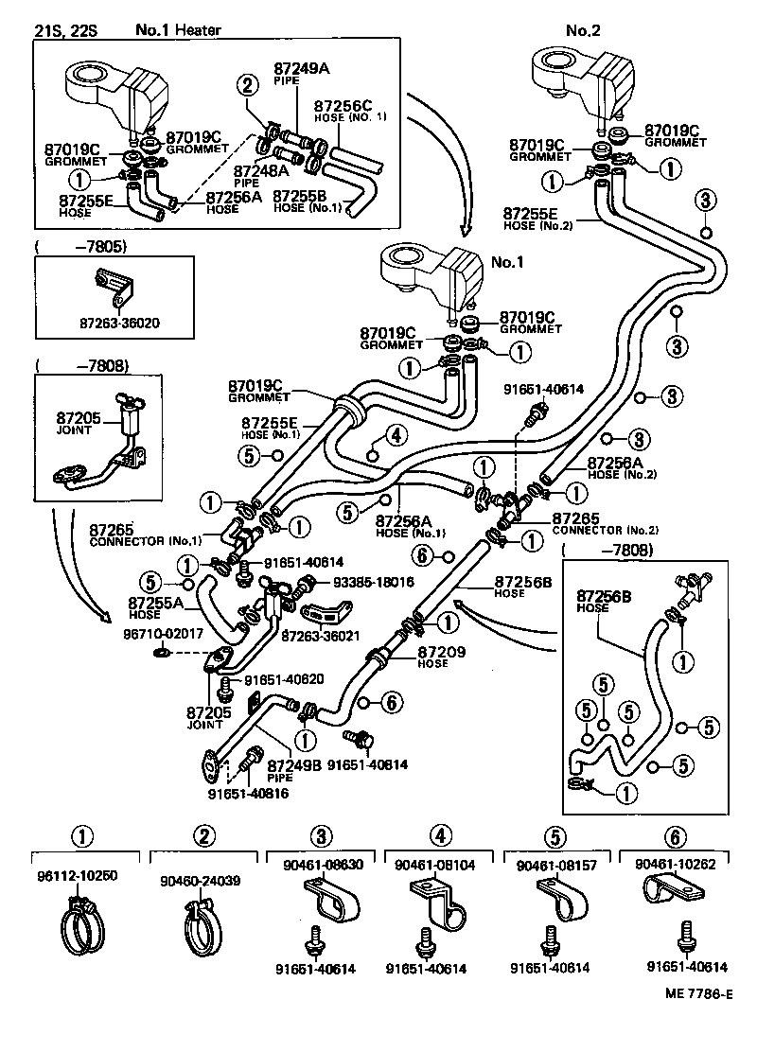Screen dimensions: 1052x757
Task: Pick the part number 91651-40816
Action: click(x=249, y=793)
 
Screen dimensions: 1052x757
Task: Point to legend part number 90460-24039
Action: click(x=201, y=880)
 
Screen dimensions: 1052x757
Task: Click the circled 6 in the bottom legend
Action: click(x=674, y=836)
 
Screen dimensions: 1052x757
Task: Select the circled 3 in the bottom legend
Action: click(x=322, y=836)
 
